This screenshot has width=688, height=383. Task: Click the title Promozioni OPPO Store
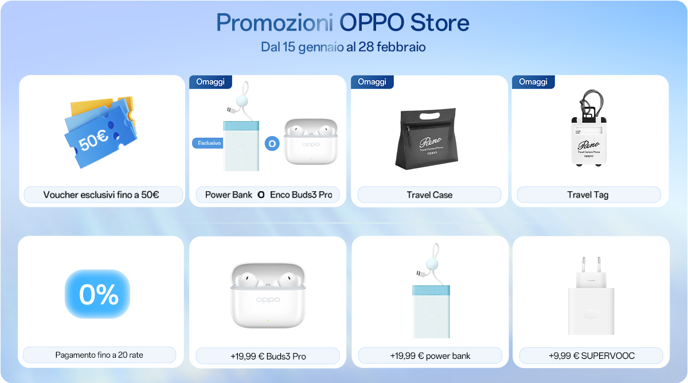(x=343, y=22)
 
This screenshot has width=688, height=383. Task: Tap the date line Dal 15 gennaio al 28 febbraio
(x=343, y=47)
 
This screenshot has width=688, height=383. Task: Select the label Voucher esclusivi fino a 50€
(x=101, y=195)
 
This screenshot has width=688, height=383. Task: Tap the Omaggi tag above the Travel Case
(x=372, y=82)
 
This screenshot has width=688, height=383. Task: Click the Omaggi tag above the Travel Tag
(x=533, y=82)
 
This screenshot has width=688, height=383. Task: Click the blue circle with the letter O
(x=272, y=143)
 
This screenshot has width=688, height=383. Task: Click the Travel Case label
(x=429, y=195)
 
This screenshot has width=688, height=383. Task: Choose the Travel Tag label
(x=588, y=195)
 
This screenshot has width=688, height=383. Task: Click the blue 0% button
(x=98, y=294)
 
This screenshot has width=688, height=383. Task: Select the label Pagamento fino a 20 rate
(x=99, y=355)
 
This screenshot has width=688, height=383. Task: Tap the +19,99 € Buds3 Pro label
(x=268, y=356)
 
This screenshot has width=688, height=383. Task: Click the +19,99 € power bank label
(x=430, y=355)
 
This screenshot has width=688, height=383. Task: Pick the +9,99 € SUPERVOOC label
(x=591, y=355)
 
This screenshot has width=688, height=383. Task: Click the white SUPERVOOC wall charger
(x=591, y=299)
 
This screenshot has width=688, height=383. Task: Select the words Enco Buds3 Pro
(x=301, y=195)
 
